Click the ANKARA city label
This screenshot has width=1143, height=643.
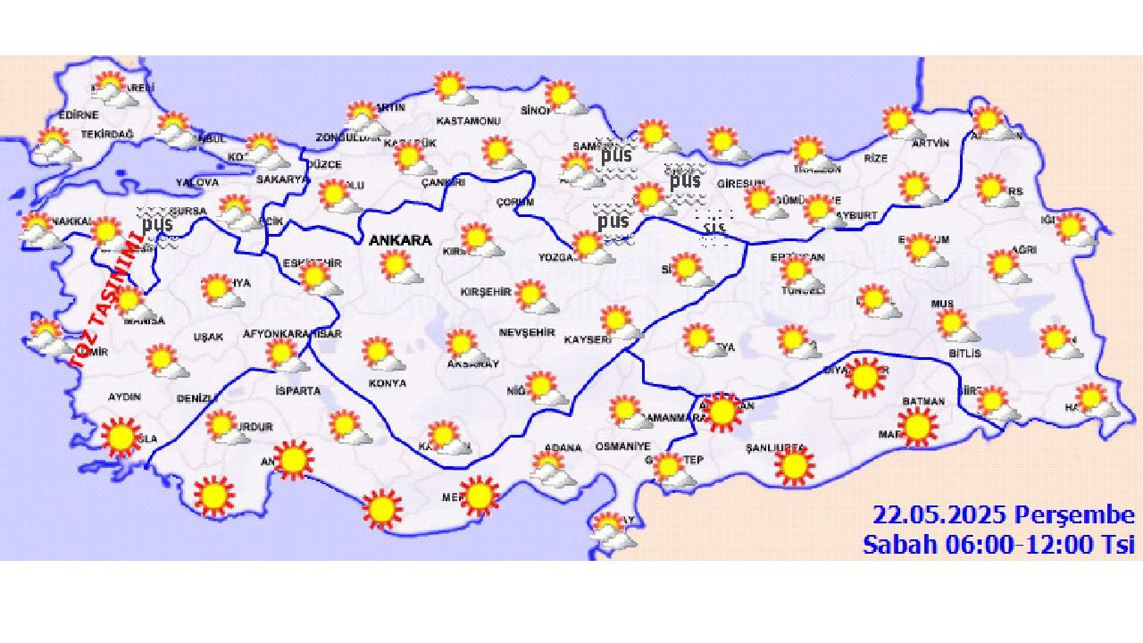pyautogui.click(x=400, y=240)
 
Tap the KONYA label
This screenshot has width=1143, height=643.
pyautogui.click(x=387, y=383)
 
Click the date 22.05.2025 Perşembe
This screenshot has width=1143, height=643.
pyautogui.click(x=1003, y=515)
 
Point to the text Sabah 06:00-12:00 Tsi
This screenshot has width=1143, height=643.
pyautogui.click(x=997, y=544)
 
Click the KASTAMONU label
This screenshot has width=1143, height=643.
pyautogui.click(x=465, y=121)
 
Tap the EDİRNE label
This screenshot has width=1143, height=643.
pyautogui.click(x=79, y=115)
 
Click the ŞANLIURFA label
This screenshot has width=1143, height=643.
pyautogui.click(x=776, y=447)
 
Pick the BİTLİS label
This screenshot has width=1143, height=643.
pyautogui.click(x=964, y=354)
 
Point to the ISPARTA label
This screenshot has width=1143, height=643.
pyautogui.click(x=297, y=391)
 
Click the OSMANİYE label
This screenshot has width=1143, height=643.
pyautogui.click(x=623, y=447)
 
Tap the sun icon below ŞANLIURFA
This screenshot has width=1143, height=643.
pyautogui.click(x=794, y=466)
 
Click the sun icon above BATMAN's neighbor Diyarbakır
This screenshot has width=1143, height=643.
pyautogui.click(x=864, y=377)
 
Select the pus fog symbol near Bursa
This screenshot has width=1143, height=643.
pyautogui.click(x=157, y=222)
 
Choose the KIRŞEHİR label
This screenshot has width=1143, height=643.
pyautogui.click(x=485, y=292)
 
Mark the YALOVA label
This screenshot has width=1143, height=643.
pyautogui.click(x=196, y=182)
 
